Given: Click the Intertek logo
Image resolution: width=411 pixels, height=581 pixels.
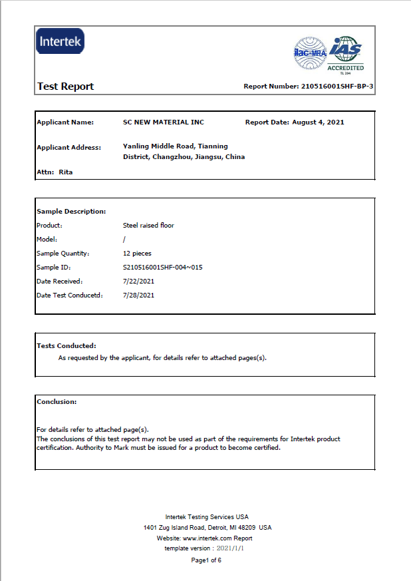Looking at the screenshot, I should coord(61,42).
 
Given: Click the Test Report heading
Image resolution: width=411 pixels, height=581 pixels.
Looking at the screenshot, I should coord(65,87).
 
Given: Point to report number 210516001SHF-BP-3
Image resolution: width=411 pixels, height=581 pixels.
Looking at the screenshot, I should coord(337,87).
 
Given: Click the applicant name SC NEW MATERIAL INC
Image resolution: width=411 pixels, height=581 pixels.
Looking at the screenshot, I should coord(164,122).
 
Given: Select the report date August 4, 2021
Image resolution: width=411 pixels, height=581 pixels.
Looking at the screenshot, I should coord(318,122).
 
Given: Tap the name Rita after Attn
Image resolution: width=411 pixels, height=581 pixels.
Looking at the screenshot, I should coord(66,172).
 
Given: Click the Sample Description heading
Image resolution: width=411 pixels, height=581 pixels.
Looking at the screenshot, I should coord(71,211).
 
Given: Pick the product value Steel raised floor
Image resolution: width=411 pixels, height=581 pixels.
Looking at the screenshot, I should coord(148,226).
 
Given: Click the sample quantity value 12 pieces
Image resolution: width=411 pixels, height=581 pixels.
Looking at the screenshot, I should coord(137,254).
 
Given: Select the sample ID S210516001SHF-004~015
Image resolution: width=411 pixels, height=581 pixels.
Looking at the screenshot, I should coord(162,268).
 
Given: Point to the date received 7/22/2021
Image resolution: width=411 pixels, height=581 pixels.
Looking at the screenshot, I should coord(138,282).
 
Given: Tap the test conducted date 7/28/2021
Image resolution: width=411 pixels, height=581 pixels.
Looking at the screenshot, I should coord(138,295).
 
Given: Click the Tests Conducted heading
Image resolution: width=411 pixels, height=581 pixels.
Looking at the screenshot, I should coord(67,346).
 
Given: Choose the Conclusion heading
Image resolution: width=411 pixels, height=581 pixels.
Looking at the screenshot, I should coord(57,402).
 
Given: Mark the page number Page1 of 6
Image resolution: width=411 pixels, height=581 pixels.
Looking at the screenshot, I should coord(205,560).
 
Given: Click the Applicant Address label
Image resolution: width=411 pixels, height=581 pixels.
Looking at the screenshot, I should coord(68,147).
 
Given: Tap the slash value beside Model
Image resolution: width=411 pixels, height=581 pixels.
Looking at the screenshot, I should coord(124,240).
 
